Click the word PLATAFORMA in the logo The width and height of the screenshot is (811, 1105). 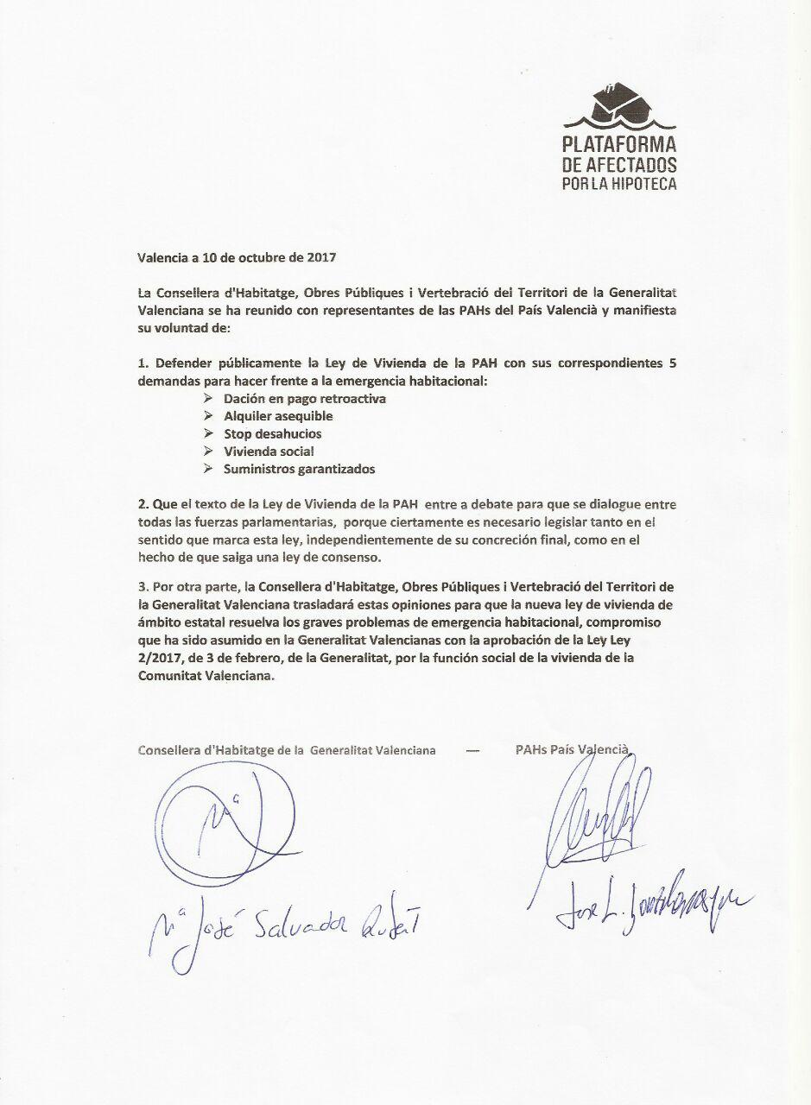619,145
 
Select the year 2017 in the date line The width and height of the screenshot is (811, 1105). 320,256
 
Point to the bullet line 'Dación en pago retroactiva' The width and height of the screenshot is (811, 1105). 304,399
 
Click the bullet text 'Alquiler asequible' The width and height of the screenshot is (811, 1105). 278,416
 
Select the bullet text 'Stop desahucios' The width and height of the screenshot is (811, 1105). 272,433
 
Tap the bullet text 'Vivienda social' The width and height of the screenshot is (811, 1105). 269,451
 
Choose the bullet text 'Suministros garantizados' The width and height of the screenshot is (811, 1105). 299,469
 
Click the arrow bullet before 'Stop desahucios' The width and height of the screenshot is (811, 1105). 207,433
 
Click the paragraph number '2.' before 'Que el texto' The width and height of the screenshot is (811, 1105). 143,503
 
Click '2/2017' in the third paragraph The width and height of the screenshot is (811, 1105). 158,661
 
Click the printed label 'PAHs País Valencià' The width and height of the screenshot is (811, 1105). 571,750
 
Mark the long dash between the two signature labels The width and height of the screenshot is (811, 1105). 472,750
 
